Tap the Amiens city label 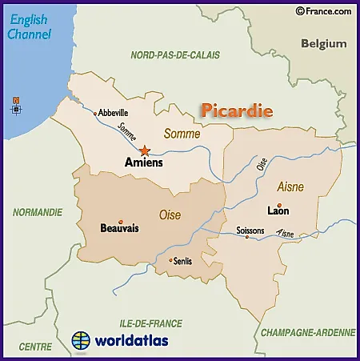click(x=144, y=162)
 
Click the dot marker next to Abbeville click(x=95, y=114)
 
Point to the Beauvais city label click(x=119, y=228)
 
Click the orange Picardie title click(x=237, y=110)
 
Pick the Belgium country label click(x=323, y=44)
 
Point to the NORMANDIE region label click(x=37, y=212)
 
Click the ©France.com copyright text click(x=323, y=11)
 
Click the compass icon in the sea click(x=16, y=104)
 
